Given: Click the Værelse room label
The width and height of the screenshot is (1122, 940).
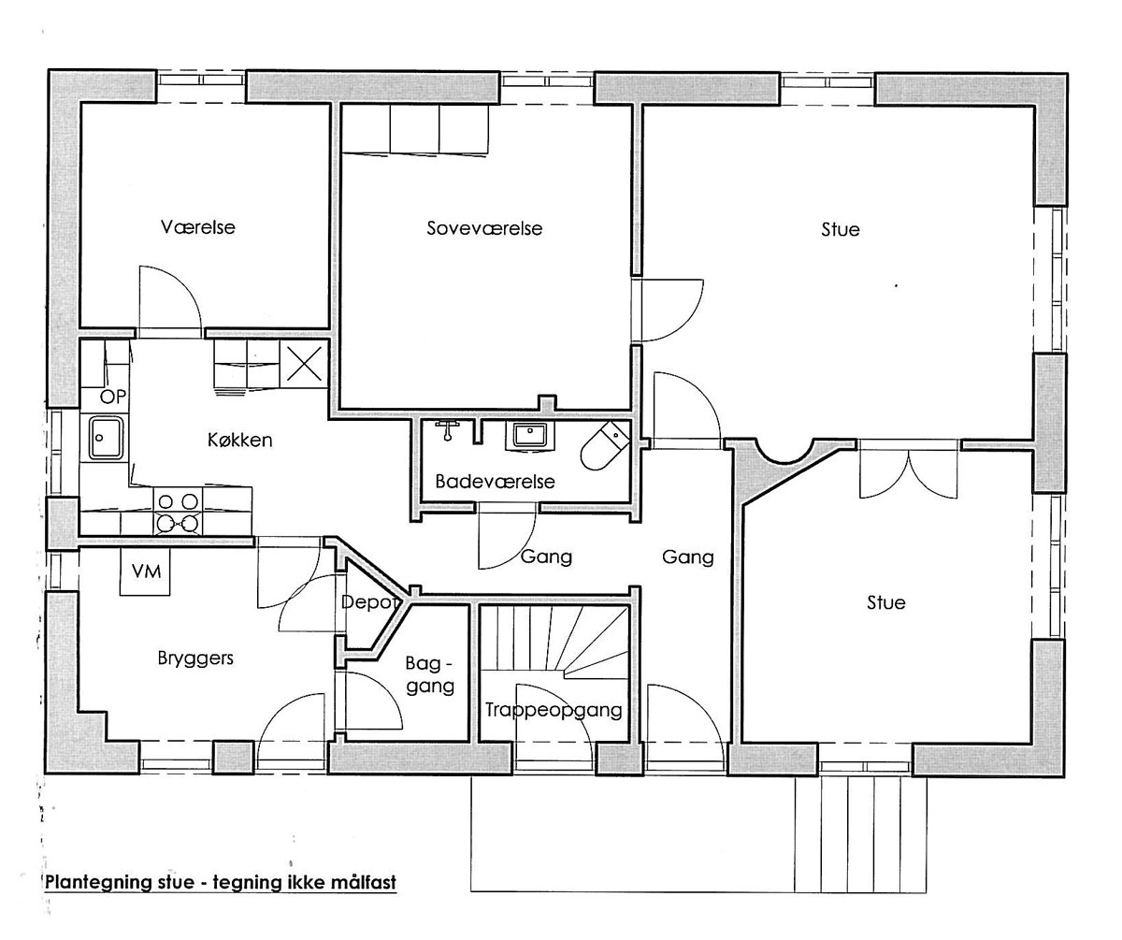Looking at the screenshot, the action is click(x=197, y=226).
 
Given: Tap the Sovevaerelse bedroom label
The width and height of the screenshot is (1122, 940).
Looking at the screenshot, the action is click(x=484, y=228).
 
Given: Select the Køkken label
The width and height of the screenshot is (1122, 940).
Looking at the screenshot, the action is click(x=239, y=441).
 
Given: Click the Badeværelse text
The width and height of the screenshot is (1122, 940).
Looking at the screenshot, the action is click(x=495, y=481).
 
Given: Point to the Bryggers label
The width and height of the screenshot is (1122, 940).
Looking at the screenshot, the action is click(x=195, y=658).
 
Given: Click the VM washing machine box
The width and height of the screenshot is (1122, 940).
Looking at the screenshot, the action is click(x=145, y=571).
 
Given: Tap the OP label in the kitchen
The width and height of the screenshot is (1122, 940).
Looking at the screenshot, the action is click(x=113, y=397).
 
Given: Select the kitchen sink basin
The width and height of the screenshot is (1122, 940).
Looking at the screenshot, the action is click(x=106, y=438).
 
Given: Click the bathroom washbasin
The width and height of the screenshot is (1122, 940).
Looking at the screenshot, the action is click(x=529, y=436).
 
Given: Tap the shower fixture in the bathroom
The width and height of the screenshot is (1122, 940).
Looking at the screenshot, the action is click(x=447, y=430).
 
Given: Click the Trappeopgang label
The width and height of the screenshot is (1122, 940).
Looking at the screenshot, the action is click(x=554, y=711).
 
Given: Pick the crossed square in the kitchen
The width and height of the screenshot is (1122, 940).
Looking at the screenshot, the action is click(x=304, y=363).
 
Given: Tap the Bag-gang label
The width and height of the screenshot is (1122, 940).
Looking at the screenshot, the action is click(x=430, y=675).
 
